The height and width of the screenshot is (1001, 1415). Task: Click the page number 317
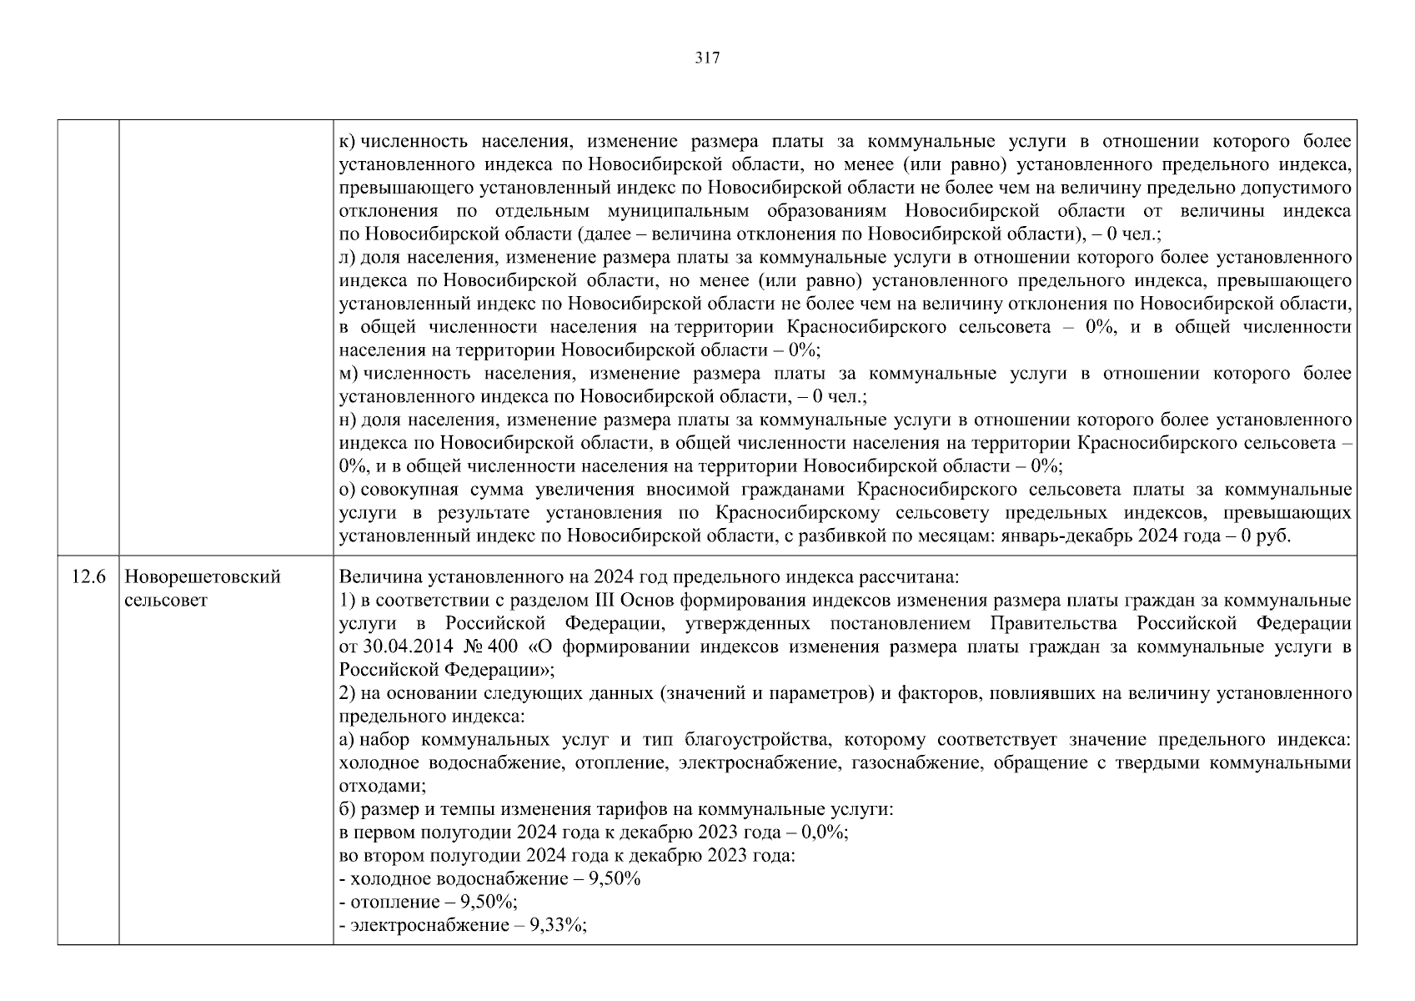tap(707, 58)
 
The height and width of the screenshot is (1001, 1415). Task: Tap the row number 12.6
tap(88, 577)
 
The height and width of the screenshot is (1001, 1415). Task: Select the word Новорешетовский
tap(202, 577)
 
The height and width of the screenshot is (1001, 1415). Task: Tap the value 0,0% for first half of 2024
tap(823, 832)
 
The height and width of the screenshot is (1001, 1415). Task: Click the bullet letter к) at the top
tap(348, 142)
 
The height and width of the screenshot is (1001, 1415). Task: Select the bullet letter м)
tap(349, 374)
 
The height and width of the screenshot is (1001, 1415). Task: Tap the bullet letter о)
tap(348, 489)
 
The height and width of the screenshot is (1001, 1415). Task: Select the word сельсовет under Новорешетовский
tap(165, 601)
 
